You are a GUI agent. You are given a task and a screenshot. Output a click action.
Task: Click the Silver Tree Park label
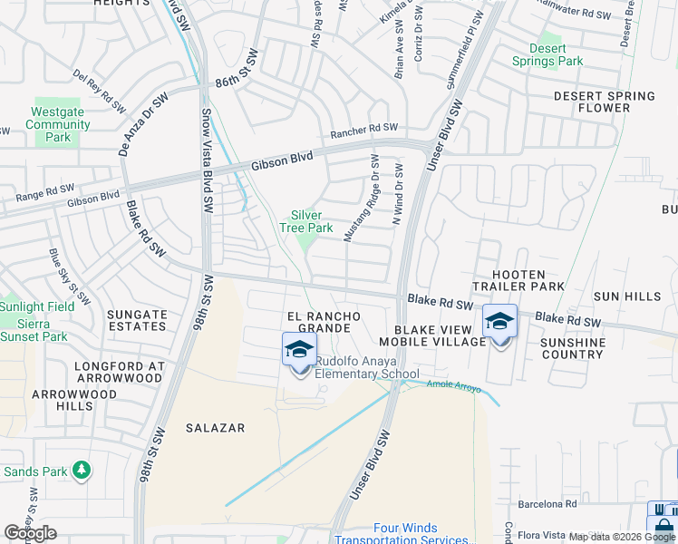point(306,221)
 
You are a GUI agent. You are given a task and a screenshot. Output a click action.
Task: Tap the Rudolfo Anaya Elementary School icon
point(300,349)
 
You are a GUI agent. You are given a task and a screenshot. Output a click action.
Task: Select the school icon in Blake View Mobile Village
point(499,322)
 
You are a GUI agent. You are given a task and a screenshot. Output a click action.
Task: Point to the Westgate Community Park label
point(58,124)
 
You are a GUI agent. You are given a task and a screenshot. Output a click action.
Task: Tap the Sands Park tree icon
point(82,470)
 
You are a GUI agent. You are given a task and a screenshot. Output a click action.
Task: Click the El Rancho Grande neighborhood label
point(324,322)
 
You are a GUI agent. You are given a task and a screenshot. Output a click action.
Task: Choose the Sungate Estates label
point(137,321)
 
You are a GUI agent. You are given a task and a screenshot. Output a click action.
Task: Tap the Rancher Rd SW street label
point(364,131)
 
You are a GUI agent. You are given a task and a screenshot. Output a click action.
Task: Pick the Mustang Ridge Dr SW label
point(362,197)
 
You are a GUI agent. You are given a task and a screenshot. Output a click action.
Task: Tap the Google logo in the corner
point(31,533)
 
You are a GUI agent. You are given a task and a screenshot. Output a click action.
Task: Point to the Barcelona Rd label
point(547,504)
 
